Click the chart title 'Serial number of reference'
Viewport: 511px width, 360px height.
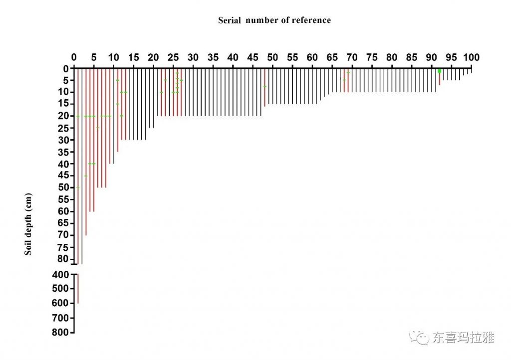[x=274, y=20]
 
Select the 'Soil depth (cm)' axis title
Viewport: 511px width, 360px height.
[x=28, y=224]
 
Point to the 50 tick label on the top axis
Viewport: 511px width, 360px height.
[x=272, y=57]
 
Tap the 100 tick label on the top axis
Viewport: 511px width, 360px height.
[x=471, y=57]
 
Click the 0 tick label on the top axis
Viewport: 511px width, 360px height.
[x=74, y=57]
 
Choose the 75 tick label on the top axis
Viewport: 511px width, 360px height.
[x=372, y=57]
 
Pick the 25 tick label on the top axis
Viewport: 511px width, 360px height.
[x=173, y=57]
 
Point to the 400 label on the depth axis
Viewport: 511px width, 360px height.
[x=62, y=274]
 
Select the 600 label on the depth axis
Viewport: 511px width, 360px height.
[x=62, y=303]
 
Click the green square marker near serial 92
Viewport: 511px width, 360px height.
[x=440, y=71]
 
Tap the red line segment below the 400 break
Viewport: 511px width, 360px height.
[x=78, y=289]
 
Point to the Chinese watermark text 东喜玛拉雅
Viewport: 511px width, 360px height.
[x=463, y=338]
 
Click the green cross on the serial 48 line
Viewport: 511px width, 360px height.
[x=264, y=87]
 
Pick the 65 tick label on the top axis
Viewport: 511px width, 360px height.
[x=332, y=57]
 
